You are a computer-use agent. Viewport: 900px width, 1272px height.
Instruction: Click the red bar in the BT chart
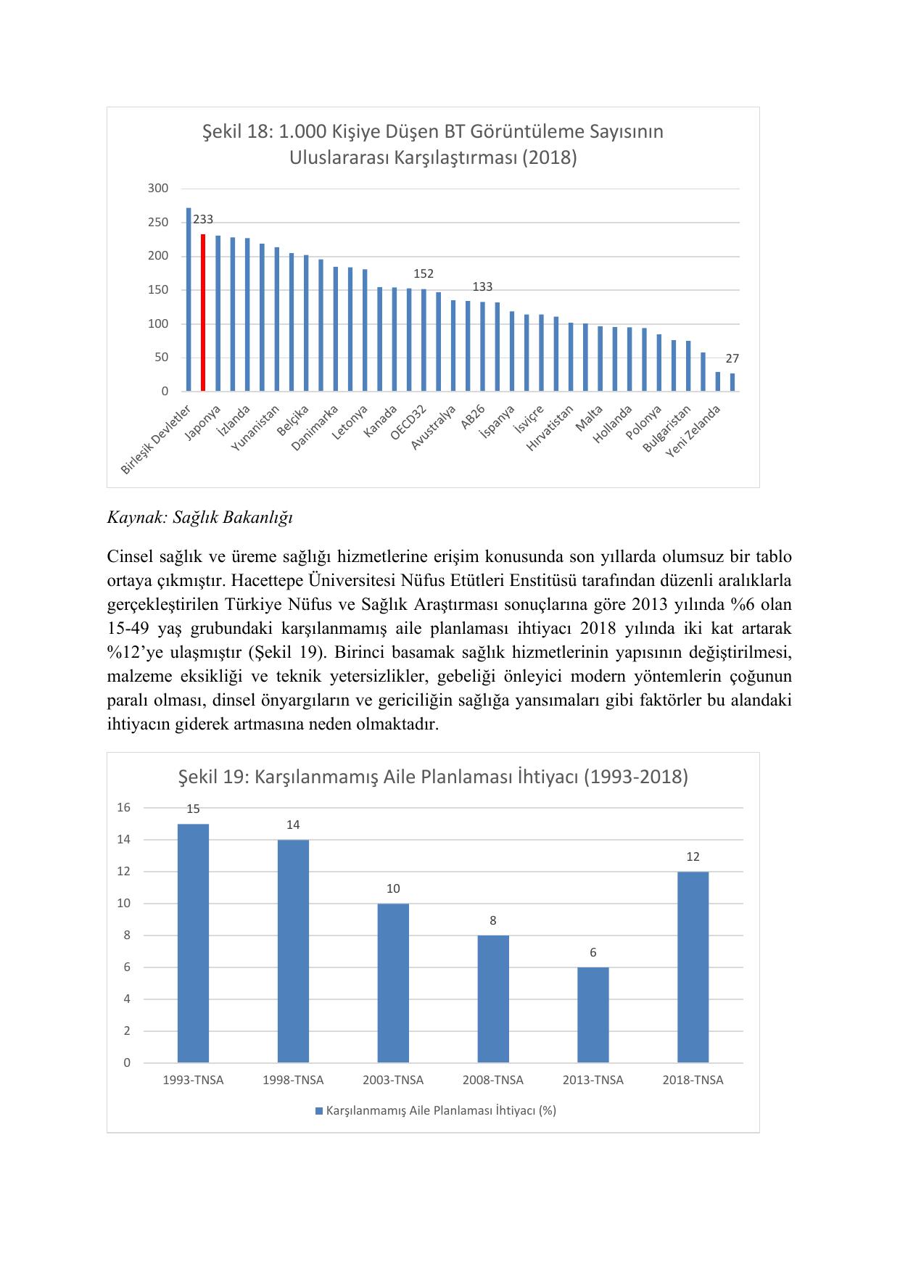[x=203, y=313]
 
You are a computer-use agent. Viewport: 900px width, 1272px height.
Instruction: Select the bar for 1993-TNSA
[x=193, y=943]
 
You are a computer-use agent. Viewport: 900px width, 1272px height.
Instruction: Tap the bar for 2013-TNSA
[x=593, y=1015]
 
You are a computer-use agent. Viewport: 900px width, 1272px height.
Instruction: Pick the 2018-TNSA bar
[x=693, y=967]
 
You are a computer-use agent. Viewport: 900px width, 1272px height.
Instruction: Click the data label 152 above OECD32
[x=424, y=273]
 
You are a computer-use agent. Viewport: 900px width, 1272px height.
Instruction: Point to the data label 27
[x=732, y=358]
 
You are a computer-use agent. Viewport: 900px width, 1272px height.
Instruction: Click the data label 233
[x=203, y=219]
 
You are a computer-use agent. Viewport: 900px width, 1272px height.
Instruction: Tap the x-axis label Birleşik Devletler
[x=156, y=440]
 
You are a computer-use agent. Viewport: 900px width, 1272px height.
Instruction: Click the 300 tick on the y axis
[x=158, y=189]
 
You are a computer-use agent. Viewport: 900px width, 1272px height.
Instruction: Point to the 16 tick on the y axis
[x=124, y=808]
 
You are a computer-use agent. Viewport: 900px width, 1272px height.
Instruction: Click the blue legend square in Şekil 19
[x=318, y=1111]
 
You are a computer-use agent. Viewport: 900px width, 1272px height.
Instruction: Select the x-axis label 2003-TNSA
[x=393, y=1080]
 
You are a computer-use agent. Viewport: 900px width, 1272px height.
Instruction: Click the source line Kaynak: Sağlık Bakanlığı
[x=199, y=518]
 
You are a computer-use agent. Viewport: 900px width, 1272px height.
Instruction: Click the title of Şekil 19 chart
[x=433, y=777]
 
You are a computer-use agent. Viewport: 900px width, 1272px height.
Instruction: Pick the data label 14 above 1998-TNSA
[x=293, y=825]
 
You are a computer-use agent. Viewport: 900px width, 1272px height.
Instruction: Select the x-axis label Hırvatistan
[x=550, y=429]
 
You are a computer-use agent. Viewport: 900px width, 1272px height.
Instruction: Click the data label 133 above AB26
[x=482, y=286]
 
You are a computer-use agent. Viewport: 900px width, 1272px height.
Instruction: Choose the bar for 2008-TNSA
[x=493, y=999]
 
